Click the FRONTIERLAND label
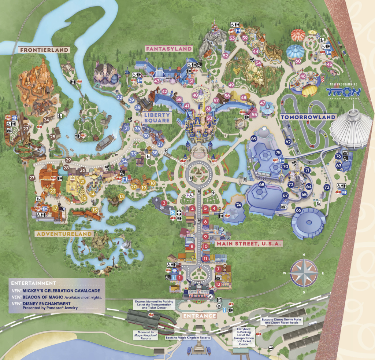point(44,50)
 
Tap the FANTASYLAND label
point(169,48)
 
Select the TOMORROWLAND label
point(308,117)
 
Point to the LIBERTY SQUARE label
point(157,118)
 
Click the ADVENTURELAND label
point(64,234)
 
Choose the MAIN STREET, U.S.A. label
point(249,243)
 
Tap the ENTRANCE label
point(200,316)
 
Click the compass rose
point(304,272)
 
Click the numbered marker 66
point(298,210)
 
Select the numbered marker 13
point(121,196)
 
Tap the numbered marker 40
point(195,95)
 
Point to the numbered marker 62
point(288,142)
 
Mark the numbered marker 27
point(32,178)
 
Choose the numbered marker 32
point(119,98)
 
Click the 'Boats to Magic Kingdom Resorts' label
point(187,337)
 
